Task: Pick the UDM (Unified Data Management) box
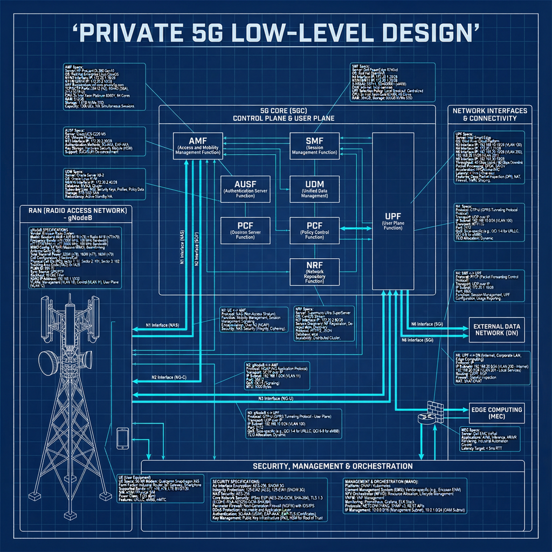(314, 189)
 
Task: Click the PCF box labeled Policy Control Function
(314, 230)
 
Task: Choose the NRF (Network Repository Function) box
(314, 273)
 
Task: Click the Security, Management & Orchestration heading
(333, 466)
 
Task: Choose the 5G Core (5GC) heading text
(297, 114)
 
